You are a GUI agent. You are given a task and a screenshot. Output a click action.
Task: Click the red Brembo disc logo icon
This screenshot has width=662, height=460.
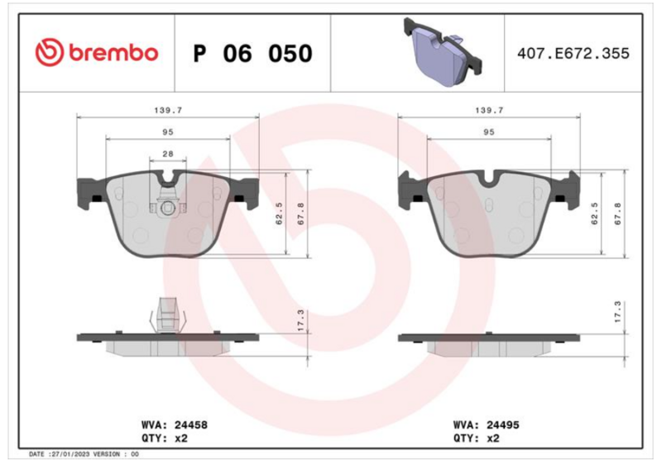click(50, 53)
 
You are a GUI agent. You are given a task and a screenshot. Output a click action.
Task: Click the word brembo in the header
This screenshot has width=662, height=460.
click(113, 53)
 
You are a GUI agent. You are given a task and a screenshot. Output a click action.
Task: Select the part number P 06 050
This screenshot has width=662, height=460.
click(252, 54)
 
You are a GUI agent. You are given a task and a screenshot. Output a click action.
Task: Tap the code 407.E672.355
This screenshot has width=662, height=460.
click(573, 54)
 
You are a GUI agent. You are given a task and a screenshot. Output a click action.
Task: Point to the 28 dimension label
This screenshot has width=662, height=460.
click(168, 154)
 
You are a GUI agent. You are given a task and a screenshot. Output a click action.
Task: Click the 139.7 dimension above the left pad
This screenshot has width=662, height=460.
click(168, 110)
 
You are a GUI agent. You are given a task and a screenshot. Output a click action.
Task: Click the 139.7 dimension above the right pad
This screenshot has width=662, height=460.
click(489, 110)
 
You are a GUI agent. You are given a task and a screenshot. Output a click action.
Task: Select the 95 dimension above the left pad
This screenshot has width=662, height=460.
click(168, 132)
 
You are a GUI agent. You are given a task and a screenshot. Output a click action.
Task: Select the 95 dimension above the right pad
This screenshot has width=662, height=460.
click(489, 132)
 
